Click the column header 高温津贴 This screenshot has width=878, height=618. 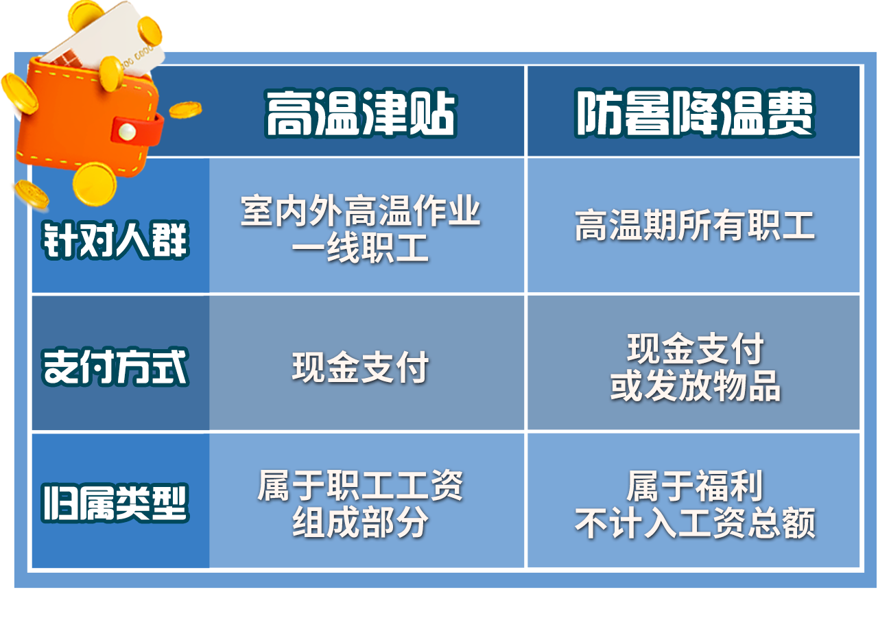[361, 114]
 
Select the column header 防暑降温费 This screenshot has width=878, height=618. [695, 113]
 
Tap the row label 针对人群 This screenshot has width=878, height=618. [115, 240]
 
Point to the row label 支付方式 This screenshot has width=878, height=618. [115, 367]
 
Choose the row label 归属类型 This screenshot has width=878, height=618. [115, 503]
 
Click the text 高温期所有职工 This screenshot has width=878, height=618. [695, 225]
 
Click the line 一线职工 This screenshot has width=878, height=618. [361, 248]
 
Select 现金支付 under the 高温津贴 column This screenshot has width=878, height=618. [361, 367]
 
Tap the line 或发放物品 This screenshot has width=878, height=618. [696, 385]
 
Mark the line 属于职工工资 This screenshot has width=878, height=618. [361, 486]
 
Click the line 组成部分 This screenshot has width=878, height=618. [361, 522]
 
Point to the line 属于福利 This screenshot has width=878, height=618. [696, 486]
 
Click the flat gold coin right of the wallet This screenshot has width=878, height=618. [185, 110]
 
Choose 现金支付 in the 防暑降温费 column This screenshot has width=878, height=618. [696, 348]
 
